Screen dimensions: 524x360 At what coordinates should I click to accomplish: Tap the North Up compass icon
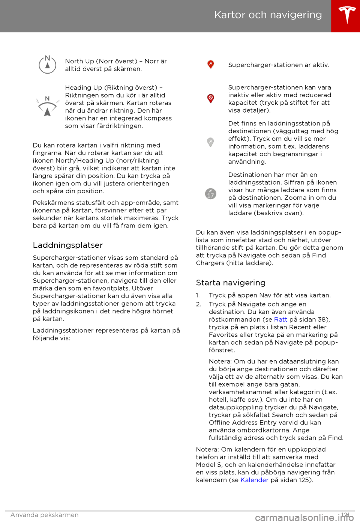point(48,65)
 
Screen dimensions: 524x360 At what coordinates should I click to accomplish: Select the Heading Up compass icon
point(47,106)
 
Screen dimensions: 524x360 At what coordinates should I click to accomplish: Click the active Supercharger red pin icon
point(211,65)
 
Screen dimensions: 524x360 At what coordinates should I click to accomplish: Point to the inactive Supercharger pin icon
point(211,98)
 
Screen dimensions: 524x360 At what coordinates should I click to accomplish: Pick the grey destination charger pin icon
point(211,142)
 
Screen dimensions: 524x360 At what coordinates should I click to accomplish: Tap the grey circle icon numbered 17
point(211,194)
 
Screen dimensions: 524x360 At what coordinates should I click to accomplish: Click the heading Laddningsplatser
point(68,245)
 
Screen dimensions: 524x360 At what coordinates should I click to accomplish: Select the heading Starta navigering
point(231,283)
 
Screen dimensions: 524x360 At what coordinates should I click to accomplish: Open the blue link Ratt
point(280,319)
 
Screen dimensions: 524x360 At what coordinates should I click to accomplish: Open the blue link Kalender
point(254,480)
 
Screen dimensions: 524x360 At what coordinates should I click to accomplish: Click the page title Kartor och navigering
point(268,15)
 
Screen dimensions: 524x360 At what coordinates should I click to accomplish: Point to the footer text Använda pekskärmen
point(45,515)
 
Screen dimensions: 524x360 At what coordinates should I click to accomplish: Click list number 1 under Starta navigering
point(198,295)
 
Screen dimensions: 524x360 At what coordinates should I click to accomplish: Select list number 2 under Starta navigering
point(198,304)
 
